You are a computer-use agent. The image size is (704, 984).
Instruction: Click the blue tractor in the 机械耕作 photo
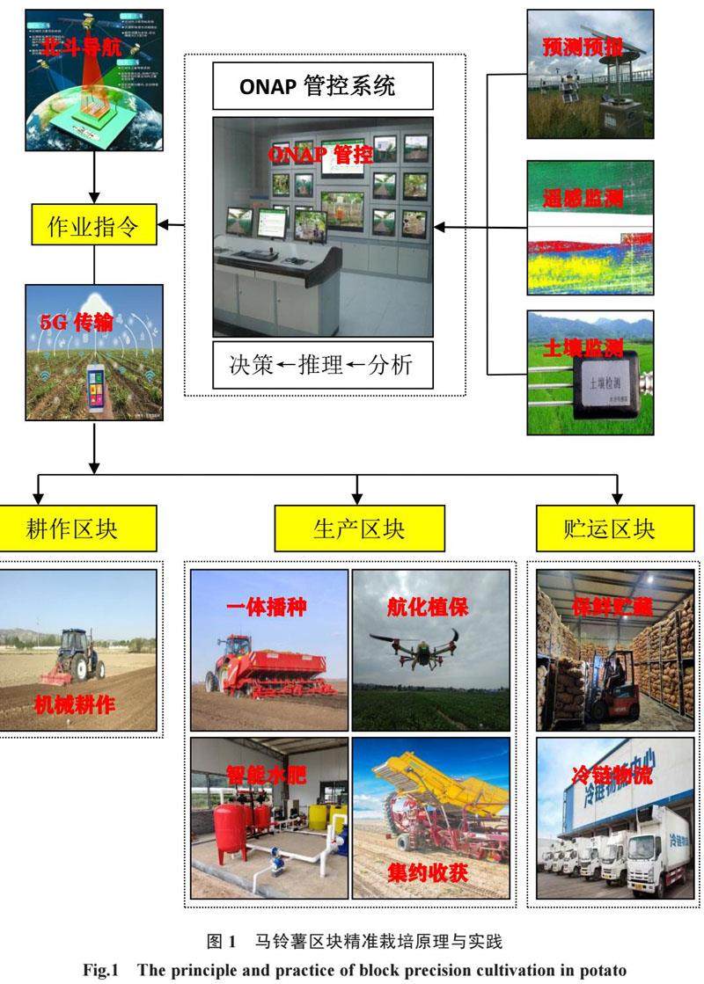coord(80,654)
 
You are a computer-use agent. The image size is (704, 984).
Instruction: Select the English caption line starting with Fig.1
coord(354,964)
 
